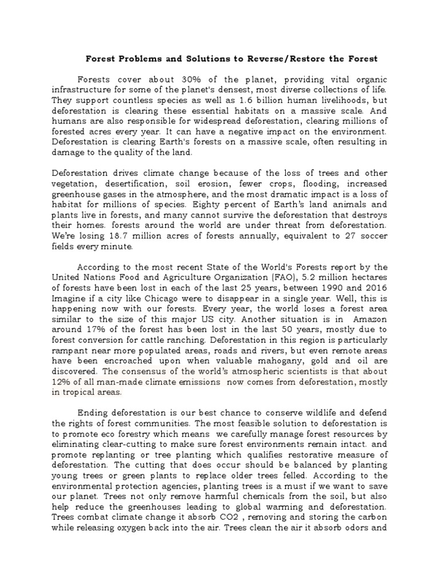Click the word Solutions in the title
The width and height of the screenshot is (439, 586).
199,58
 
